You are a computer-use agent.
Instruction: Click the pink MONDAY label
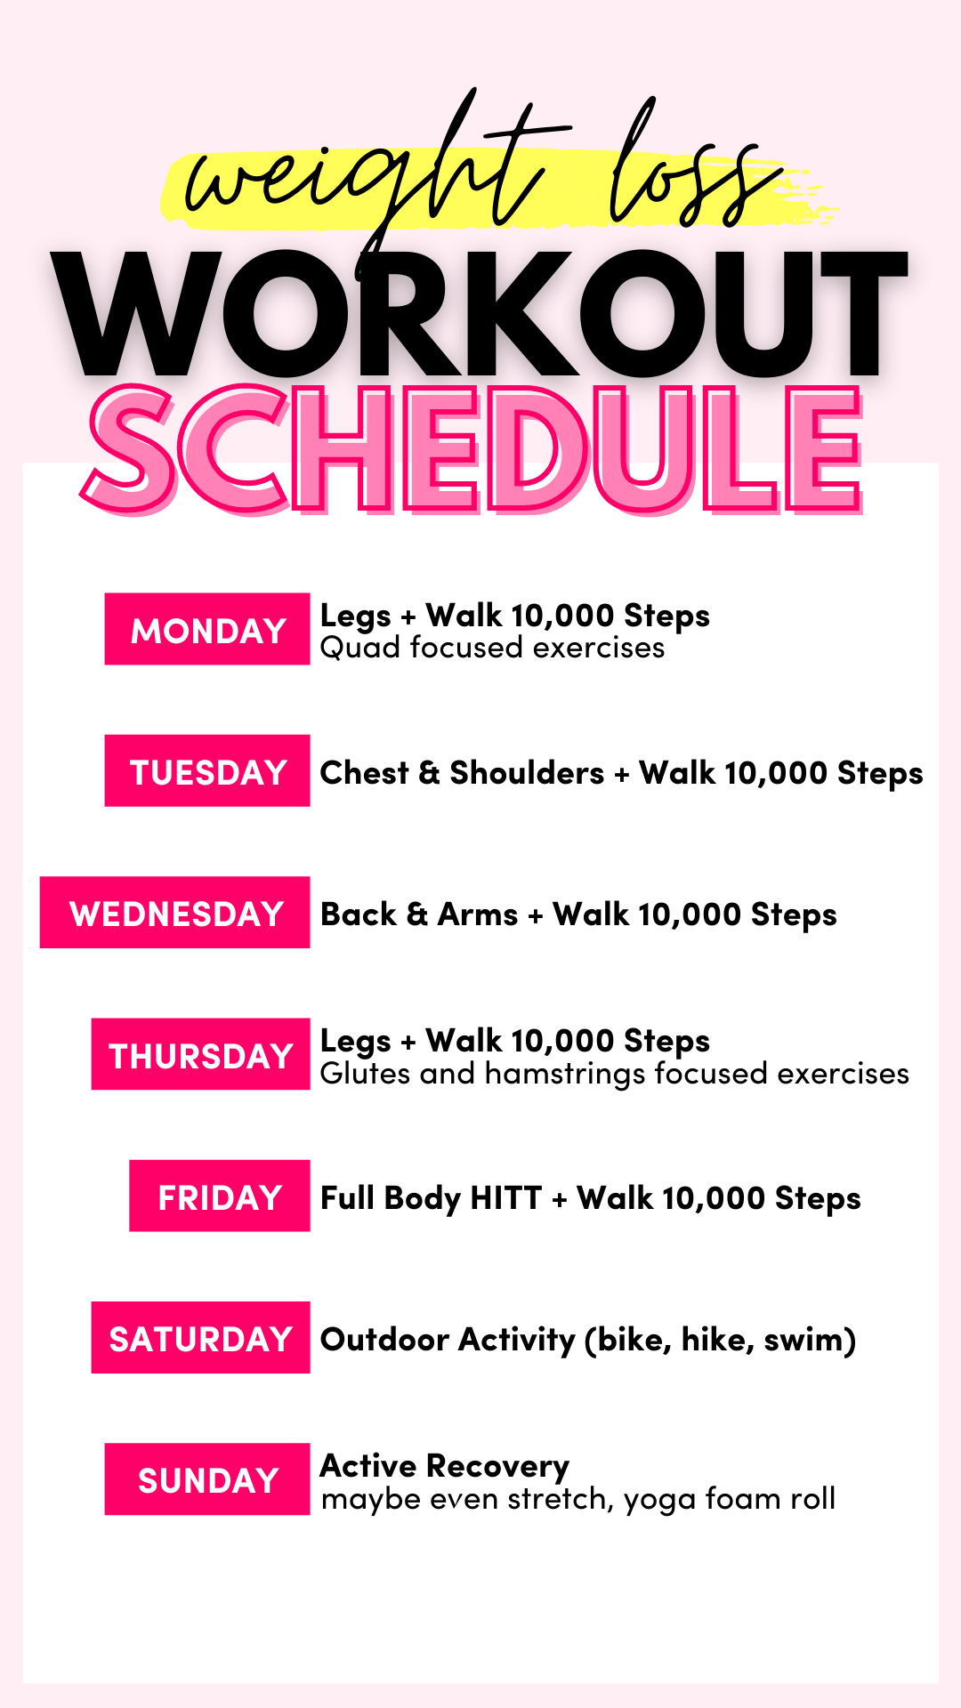206,629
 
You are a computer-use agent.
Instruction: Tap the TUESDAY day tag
206,770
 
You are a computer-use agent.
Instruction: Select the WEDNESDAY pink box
175,913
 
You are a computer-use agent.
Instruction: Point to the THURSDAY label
200,1054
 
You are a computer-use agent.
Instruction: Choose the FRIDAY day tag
219,1196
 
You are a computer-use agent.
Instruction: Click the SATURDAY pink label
200,1337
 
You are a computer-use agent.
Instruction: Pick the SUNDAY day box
206,1478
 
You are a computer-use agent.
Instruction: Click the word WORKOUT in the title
480,316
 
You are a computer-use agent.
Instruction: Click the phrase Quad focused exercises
492,649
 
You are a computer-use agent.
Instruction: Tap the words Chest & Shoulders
462,772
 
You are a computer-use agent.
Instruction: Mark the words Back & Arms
418,914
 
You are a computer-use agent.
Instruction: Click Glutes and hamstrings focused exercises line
614,1074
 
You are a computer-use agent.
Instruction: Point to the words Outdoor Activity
448,1339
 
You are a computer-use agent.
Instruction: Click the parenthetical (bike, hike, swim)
721,1340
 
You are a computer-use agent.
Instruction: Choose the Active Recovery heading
445,1465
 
